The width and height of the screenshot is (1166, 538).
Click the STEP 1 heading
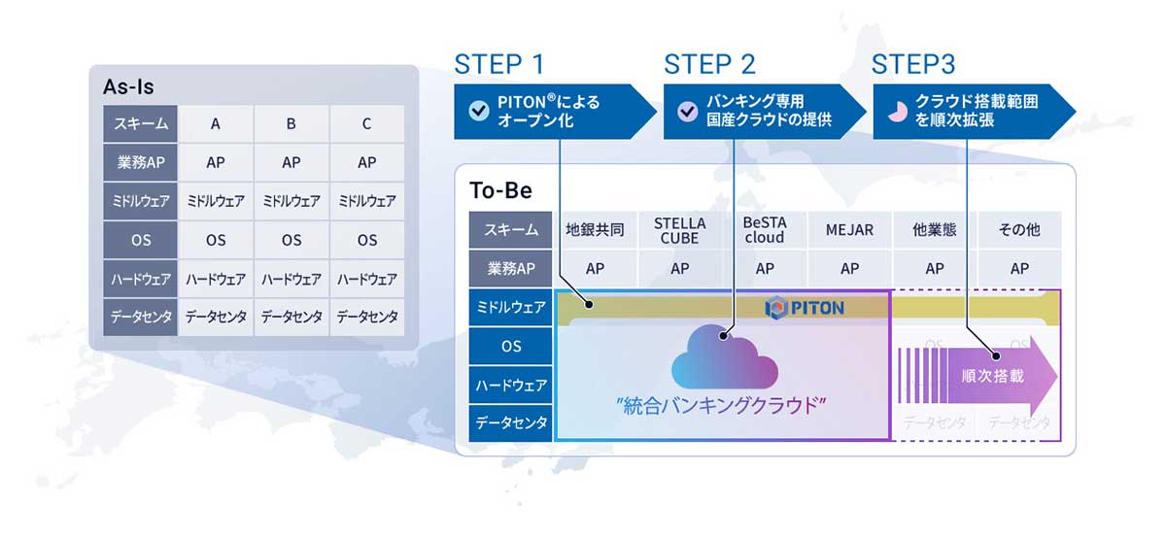(x=498, y=65)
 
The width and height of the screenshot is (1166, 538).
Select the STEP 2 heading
(x=709, y=65)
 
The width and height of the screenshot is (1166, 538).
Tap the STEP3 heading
(x=913, y=65)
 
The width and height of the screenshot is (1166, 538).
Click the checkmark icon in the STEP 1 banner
(x=478, y=111)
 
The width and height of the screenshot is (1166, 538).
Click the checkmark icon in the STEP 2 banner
(x=688, y=111)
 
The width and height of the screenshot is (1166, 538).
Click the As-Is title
(x=128, y=87)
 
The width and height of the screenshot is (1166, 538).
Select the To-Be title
(x=500, y=190)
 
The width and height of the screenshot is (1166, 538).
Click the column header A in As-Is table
(x=215, y=124)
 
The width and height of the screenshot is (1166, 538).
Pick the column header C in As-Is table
(x=366, y=124)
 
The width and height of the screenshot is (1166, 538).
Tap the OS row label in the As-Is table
(x=140, y=240)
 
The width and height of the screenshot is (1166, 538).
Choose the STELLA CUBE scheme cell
(x=680, y=230)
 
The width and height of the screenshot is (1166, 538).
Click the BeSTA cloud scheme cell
(x=765, y=230)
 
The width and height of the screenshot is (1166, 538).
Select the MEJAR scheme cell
(x=849, y=230)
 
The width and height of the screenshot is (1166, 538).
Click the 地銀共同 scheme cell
(x=595, y=230)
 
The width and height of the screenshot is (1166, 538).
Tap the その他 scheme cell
(x=1019, y=230)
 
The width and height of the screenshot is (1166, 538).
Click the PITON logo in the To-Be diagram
(x=805, y=308)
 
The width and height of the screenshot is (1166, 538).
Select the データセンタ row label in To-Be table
(x=511, y=423)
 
